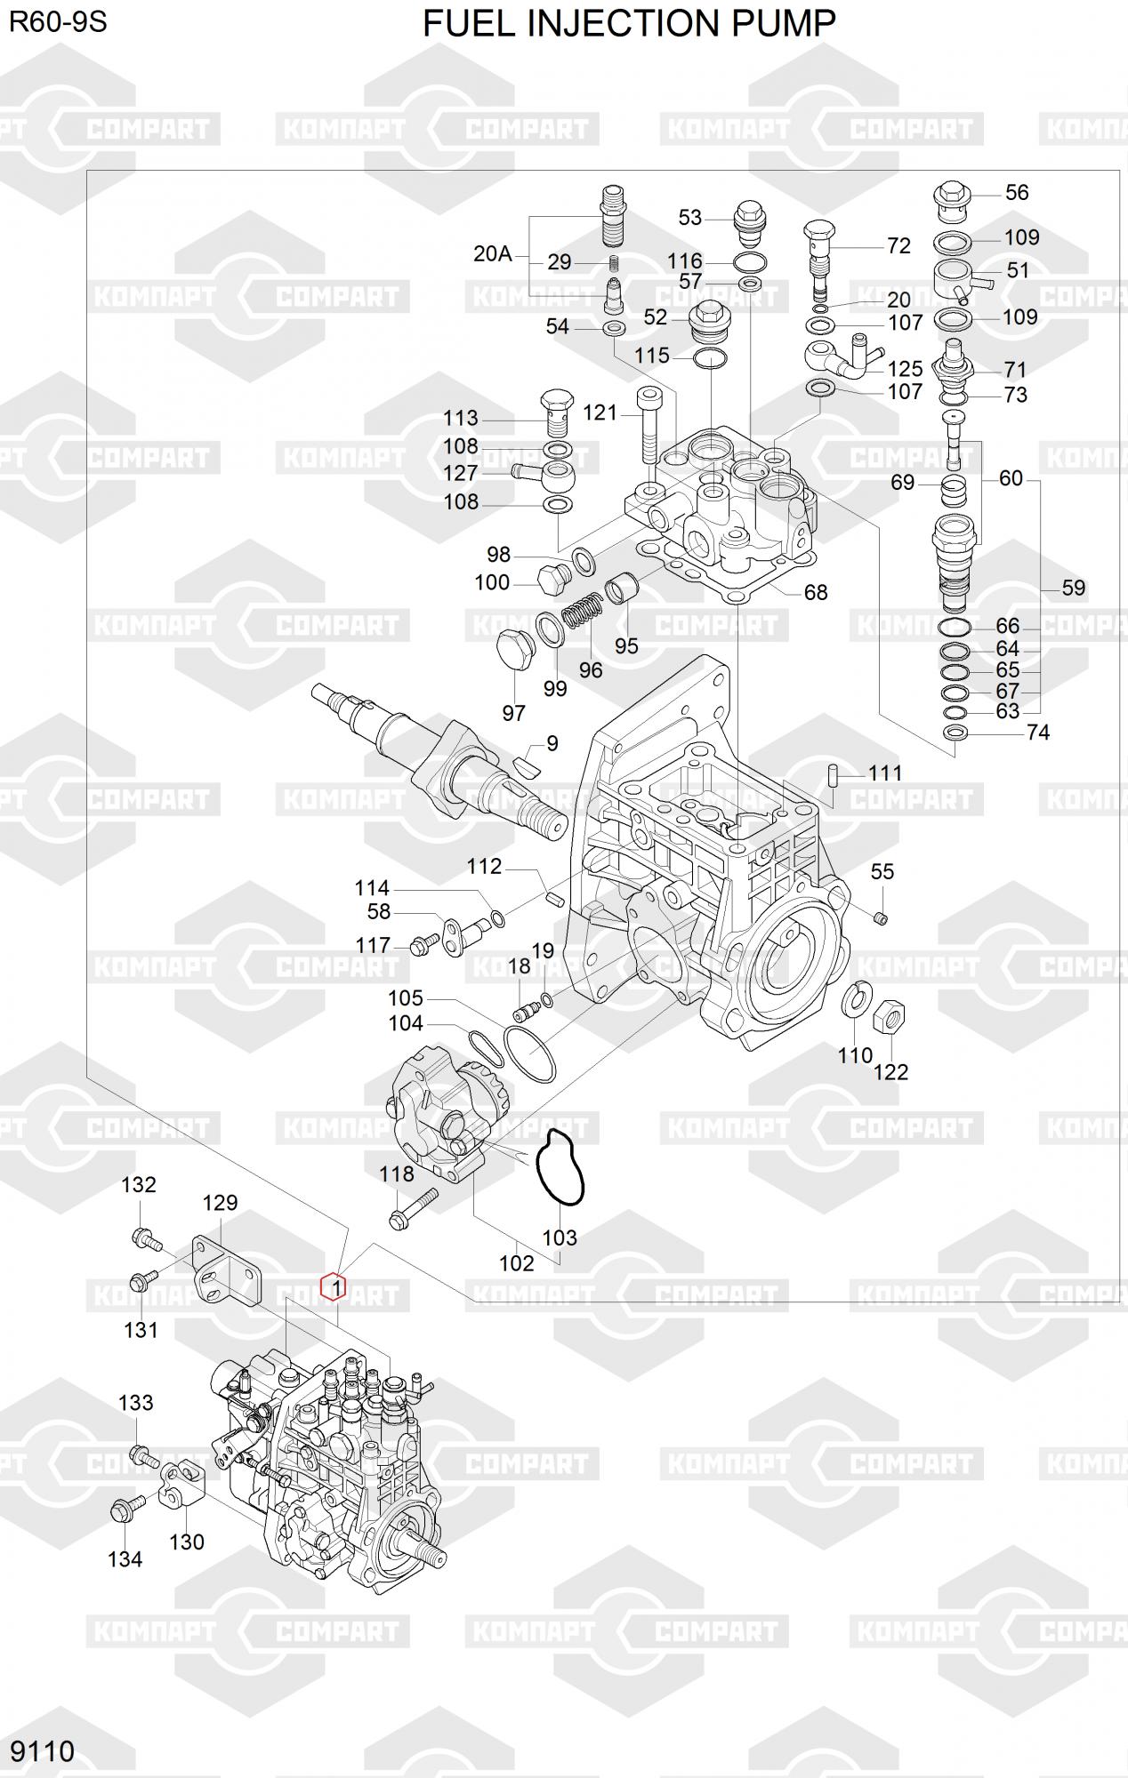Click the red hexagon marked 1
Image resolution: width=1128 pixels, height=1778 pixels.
pyautogui.click(x=333, y=1285)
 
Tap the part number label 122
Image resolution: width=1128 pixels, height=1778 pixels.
pyautogui.click(x=890, y=1072)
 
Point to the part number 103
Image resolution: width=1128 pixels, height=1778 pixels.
pyautogui.click(x=560, y=1237)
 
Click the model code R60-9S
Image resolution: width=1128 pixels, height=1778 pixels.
pyautogui.click(x=58, y=21)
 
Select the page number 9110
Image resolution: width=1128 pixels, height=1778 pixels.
pyautogui.click(x=42, y=1750)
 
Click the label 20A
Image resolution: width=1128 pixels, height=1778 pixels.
pyautogui.click(x=492, y=253)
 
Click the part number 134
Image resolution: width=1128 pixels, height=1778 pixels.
pyautogui.click(x=125, y=1558)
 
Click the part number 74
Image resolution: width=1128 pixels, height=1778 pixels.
pyautogui.click(x=1037, y=732)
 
